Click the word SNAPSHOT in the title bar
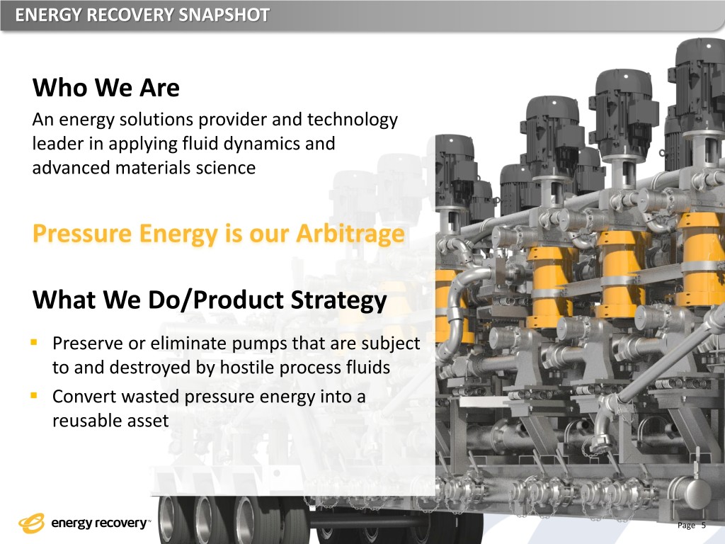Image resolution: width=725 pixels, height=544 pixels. click(224, 15)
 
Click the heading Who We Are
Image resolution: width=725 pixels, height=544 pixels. click(106, 87)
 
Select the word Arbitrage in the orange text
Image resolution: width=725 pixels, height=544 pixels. click(350, 233)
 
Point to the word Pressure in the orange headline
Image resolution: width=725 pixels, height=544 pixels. click(83, 233)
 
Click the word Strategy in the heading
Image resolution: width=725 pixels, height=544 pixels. click(338, 300)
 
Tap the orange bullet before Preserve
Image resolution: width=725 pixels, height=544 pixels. click(33, 342)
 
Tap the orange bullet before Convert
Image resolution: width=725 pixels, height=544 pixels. click(33, 395)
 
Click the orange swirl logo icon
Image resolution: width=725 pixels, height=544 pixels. click(32, 523)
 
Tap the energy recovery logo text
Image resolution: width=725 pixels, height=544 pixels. click(99, 523)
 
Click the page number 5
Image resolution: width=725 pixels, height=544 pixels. click(704, 525)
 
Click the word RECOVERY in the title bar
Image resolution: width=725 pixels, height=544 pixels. click(130, 15)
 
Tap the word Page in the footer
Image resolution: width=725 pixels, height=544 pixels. click(686, 526)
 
